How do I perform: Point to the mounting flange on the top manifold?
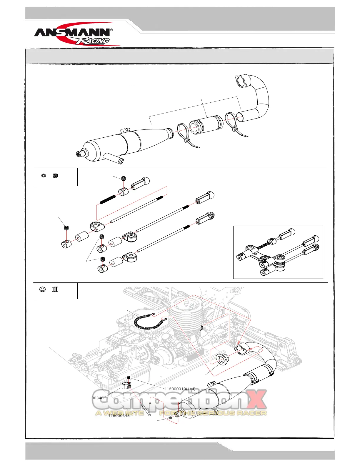pos(241,81)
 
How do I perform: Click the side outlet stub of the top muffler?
pos(115,159)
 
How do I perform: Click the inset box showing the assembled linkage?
pos(278,252)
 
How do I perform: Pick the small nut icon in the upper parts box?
pos(44,176)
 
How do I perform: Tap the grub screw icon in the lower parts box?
pos(55,289)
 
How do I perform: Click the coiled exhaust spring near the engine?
pos(147,322)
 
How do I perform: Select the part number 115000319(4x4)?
pos(180,389)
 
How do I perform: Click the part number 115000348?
pos(119,416)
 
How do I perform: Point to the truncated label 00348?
pos(98,398)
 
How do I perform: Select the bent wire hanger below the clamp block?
pos(147,409)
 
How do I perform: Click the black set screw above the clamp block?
pos(129,378)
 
